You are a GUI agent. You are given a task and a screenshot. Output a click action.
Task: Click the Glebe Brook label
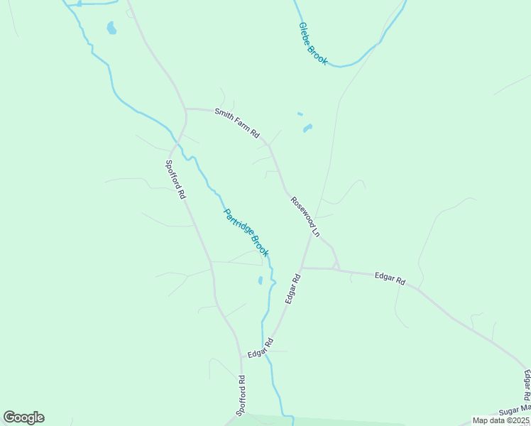pos(313,44)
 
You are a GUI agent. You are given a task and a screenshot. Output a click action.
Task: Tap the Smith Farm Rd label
pos(237,123)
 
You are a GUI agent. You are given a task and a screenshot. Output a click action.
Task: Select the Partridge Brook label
pos(246,232)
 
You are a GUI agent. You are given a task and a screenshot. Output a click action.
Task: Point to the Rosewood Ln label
pos(306,217)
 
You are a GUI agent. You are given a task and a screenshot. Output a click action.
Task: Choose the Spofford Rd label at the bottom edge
pos(241,395)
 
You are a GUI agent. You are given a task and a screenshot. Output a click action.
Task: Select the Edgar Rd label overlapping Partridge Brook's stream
pos(261,349)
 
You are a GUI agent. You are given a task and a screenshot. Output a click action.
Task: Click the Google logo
pos(23,417)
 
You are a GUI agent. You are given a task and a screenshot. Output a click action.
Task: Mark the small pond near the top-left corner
pos(111,28)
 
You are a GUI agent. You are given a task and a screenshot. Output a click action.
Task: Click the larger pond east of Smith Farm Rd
pos(307,129)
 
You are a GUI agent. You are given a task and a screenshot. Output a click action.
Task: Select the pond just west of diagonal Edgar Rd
pos(261,280)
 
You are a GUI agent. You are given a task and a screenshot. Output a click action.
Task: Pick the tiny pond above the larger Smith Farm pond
pos(300,114)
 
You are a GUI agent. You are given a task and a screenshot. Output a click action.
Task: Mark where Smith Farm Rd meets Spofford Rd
pos(186,110)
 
